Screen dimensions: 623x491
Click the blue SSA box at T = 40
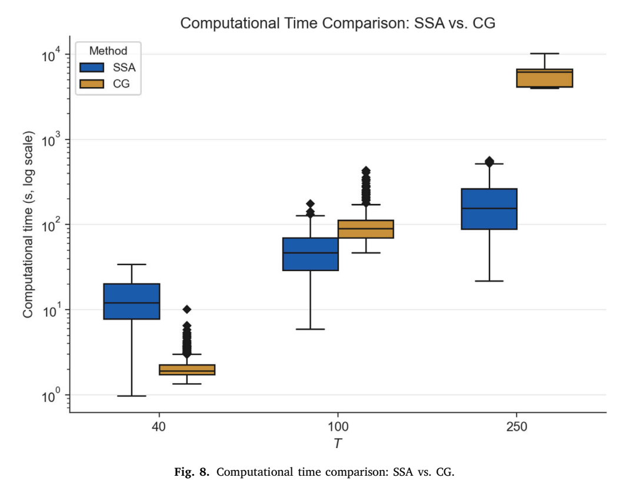click(132, 301)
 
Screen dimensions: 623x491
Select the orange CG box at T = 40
click(187, 369)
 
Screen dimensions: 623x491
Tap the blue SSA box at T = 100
click(310, 254)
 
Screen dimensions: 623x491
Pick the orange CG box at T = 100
click(366, 229)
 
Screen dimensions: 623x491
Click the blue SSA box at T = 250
click(489, 209)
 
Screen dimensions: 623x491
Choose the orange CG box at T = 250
click(545, 78)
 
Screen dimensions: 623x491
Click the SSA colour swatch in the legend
click(92, 68)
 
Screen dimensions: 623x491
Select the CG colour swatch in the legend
click(92, 84)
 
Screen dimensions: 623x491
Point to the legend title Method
click(108, 51)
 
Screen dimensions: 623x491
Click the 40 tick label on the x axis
click(159, 427)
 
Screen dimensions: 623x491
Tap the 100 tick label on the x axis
click(338, 427)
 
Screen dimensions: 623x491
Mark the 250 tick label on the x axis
click(517, 427)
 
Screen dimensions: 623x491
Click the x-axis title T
click(338, 443)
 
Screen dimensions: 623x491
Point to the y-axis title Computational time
click(28, 225)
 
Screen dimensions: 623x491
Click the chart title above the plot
click(338, 23)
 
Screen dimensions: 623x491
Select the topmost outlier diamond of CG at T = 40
click(187, 309)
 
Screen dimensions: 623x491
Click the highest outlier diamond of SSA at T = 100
click(310, 204)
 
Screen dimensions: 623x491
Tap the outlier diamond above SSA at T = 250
click(489, 161)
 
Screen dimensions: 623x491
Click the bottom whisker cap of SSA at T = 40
click(132, 396)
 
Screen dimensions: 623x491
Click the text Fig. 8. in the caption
click(192, 472)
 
